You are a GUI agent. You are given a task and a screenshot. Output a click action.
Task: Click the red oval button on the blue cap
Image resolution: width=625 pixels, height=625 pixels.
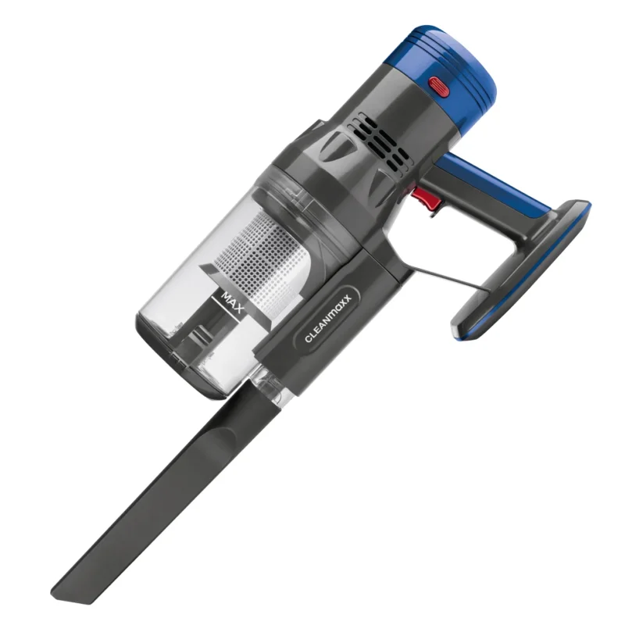439,87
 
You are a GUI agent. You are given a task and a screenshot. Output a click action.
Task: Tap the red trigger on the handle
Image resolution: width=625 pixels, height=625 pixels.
427,198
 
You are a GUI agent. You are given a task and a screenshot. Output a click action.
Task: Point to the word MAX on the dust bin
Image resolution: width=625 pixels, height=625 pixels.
232,302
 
